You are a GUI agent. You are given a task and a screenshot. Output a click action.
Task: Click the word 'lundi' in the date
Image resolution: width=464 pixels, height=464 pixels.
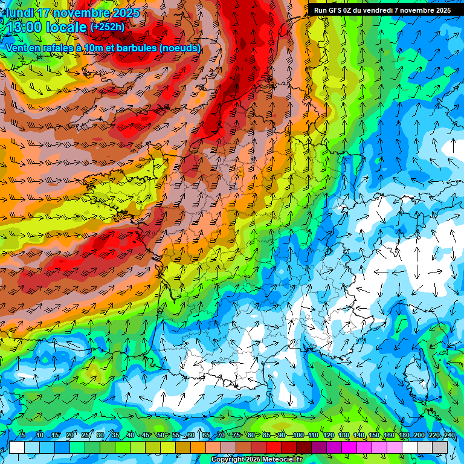tap(21, 13)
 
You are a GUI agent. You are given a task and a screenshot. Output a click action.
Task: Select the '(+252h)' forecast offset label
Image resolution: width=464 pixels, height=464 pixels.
tap(107, 27)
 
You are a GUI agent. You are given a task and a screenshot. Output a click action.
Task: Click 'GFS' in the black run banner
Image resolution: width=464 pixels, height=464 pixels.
tap(334, 10)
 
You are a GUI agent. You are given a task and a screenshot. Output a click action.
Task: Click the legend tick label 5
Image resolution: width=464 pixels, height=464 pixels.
tap(22, 435)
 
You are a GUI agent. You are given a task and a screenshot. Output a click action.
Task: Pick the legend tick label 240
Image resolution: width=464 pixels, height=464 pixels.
tap(449, 435)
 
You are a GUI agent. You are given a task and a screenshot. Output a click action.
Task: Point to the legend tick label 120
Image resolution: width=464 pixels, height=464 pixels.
tap(329, 435)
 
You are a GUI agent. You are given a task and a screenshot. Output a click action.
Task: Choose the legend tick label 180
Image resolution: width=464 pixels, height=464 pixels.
tap(404, 435)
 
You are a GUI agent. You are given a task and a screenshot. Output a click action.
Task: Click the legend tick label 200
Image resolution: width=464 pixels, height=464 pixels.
tap(419, 435)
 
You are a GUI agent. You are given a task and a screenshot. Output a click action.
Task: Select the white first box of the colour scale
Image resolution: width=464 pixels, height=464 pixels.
tap(17, 447)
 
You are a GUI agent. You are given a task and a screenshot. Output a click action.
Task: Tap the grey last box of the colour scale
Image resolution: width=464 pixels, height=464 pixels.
tap(440, 447)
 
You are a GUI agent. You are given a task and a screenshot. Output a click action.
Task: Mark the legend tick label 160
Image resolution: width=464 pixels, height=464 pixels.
tap(389, 435)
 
